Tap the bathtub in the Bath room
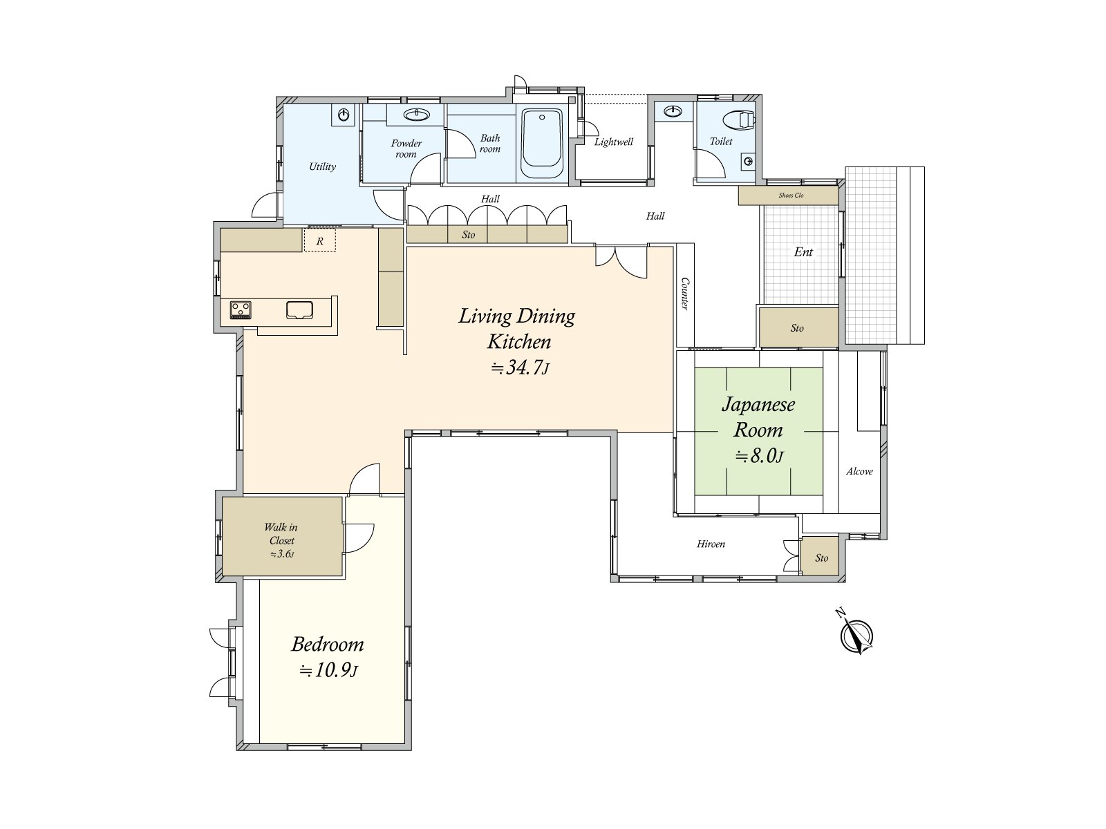[x=542, y=144]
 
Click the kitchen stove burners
[x=241, y=309]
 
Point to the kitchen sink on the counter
[x=299, y=309]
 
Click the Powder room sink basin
[x=417, y=115]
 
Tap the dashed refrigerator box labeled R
[x=319, y=240]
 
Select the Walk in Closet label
[x=281, y=533]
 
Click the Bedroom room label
[x=328, y=644]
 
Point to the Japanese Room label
[x=758, y=417]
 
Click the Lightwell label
[x=613, y=142]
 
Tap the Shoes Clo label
[x=791, y=196]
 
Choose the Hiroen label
[x=711, y=544]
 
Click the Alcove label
[x=859, y=472]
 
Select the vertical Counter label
[x=685, y=294]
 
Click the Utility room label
[x=322, y=166]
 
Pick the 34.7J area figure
[x=520, y=368]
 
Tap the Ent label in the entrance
[x=803, y=251]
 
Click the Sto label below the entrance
[x=796, y=328]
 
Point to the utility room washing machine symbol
[x=343, y=115]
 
